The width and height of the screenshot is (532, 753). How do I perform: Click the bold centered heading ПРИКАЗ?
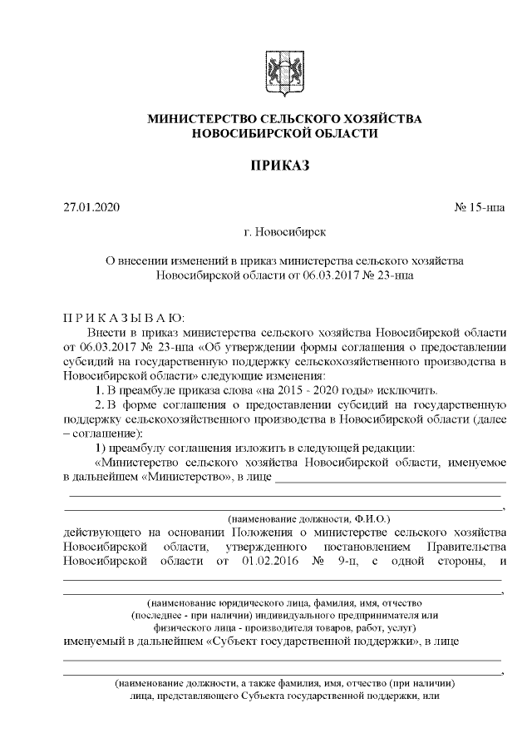click(x=284, y=166)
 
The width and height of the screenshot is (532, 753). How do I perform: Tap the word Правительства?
click(x=466, y=546)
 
